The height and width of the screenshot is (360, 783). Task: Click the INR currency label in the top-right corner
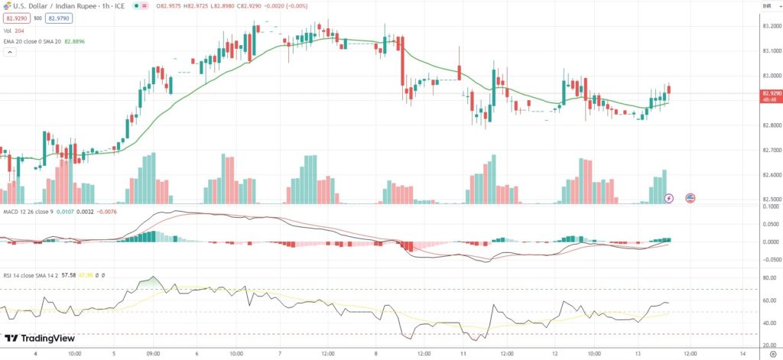pos(766,7)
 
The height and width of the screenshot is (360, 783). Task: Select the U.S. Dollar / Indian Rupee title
pos(57,6)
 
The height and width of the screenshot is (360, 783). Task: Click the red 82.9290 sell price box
pos(15,18)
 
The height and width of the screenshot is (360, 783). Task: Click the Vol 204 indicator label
pos(15,31)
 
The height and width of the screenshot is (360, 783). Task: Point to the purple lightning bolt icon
pos(670,198)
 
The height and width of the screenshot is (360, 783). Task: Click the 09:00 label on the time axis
pos(154,354)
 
